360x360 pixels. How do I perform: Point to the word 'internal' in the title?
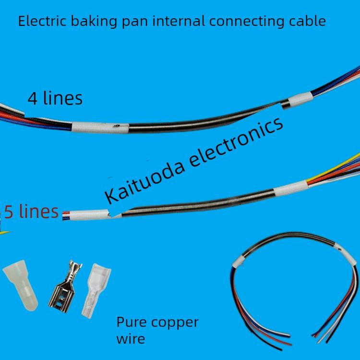[x=182, y=21]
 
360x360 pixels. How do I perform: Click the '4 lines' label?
[x=55, y=98]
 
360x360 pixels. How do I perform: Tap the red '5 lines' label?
[x=32, y=211]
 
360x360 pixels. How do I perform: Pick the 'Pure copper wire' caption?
[x=157, y=330]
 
